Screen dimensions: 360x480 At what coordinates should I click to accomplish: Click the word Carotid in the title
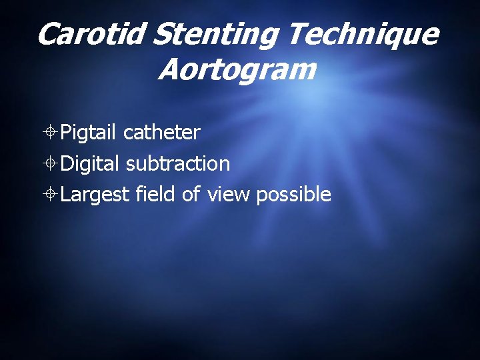[x=91, y=34]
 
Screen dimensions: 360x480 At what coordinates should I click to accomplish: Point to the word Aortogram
[x=236, y=69]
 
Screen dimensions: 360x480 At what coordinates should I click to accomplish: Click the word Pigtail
[x=90, y=133]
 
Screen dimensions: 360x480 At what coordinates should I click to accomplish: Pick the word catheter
[x=162, y=133]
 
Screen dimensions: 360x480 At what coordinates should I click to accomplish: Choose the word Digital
[x=90, y=163]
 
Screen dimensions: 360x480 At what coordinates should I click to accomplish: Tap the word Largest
[x=95, y=194]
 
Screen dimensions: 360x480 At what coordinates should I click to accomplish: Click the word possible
[x=293, y=194]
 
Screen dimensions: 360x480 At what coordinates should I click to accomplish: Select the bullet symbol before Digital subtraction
[x=51, y=164]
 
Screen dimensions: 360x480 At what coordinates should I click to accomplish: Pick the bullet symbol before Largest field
[x=51, y=195]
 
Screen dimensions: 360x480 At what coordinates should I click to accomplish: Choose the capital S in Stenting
[x=162, y=34]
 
